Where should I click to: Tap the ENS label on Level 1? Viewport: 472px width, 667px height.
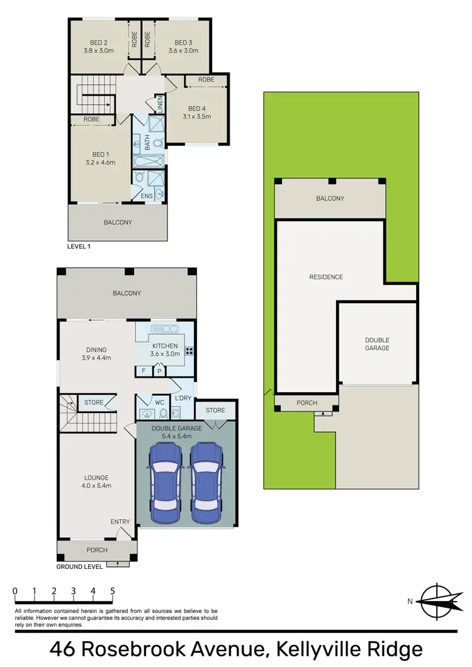(146, 196)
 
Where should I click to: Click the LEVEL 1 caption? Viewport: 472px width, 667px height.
(79, 246)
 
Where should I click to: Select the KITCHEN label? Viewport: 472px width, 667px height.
(165, 346)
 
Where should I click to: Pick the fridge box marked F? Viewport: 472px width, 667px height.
(143, 371)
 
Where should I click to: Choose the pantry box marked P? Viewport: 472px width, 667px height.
(159, 371)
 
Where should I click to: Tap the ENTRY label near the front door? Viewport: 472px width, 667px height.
(120, 521)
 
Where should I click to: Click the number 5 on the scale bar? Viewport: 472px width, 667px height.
(113, 591)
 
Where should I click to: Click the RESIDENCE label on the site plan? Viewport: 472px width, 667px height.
(326, 277)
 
